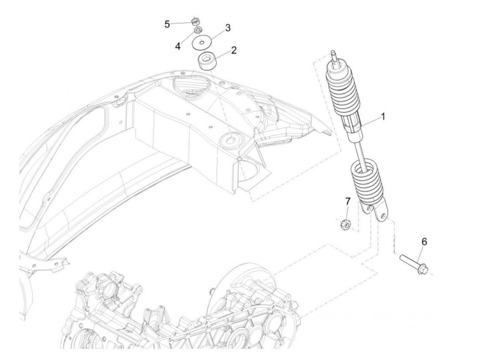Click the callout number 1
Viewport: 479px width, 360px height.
tap(383, 117)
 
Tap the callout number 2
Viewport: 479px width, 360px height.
tap(234, 50)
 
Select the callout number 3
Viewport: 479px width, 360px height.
tap(228, 28)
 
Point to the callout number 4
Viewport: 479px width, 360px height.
tap(178, 46)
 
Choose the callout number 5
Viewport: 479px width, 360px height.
tap(167, 24)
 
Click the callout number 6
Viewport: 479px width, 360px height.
tap(424, 242)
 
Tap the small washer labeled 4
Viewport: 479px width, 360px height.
tap(198, 31)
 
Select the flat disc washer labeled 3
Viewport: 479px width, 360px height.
tap(201, 43)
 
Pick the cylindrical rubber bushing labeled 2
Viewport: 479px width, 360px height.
tap(208, 61)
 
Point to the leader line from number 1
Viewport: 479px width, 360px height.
tap(371, 122)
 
